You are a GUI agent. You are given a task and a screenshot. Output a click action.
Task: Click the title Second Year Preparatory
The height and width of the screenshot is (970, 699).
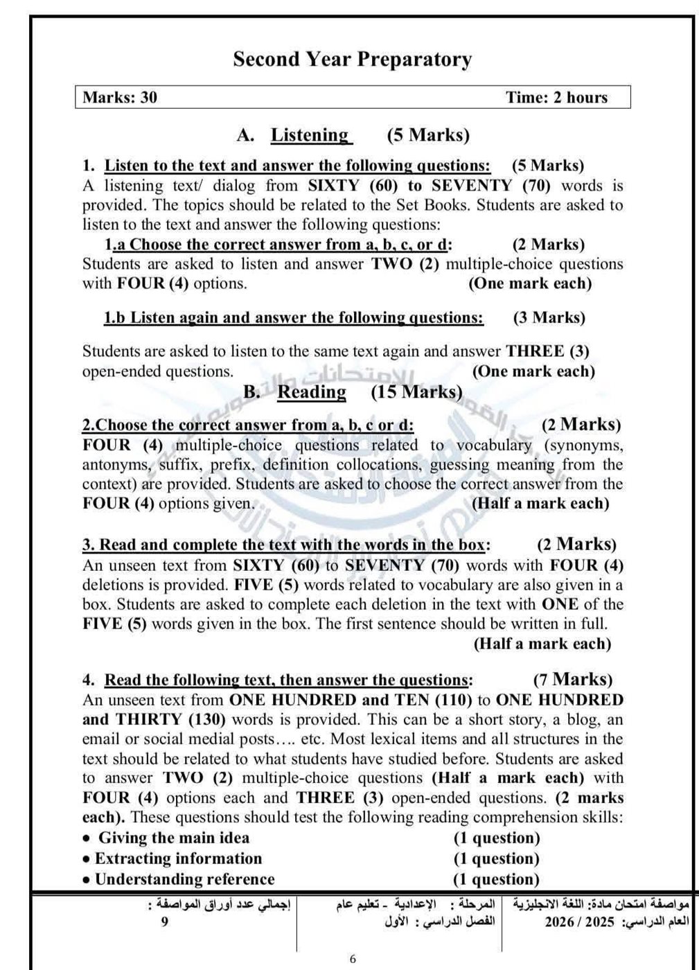(x=352, y=60)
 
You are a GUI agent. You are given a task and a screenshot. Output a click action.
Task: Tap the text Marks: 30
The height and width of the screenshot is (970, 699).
(x=120, y=97)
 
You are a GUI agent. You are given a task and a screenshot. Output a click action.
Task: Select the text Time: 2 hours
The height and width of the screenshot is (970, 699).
(x=556, y=97)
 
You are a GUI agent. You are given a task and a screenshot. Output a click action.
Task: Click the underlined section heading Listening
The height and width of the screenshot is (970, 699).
(x=310, y=134)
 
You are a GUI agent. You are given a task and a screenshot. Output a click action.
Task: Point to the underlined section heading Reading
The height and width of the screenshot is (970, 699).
(x=312, y=391)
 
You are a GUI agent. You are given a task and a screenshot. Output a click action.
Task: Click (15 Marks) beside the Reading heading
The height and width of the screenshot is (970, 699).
(x=416, y=391)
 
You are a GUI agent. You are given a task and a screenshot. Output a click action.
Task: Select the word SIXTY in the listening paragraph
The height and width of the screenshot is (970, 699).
(x=334, y=185)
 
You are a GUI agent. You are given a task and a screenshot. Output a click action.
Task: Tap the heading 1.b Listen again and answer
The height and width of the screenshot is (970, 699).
(x=294, y=317)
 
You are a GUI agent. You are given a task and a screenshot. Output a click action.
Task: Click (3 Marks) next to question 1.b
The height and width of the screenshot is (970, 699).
(x=549, y=317)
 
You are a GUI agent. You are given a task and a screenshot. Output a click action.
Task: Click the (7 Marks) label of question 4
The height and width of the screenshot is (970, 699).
(x=573, y=679)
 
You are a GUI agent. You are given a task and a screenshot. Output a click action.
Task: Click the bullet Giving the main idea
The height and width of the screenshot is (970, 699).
(x=173, y=838)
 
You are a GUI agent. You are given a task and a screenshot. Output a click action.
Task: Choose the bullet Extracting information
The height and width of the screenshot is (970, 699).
(x=178, y=858)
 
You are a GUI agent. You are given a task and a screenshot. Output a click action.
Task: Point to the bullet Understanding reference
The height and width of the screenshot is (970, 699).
(x=184, y=879)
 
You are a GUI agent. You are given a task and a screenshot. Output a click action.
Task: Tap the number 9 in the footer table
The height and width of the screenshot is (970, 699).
(x=164, y=921)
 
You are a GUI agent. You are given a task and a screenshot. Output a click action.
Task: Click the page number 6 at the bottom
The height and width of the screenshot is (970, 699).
(x=353, y=959)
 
